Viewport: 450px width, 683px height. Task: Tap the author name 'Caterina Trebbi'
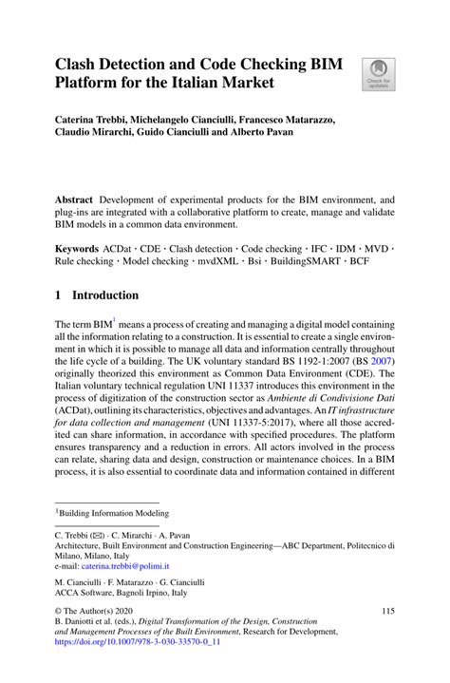coord(95,121)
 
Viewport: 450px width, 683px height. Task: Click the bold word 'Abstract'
coord(76,200)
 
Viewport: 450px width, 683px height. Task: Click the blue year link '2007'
coord(382,363)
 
